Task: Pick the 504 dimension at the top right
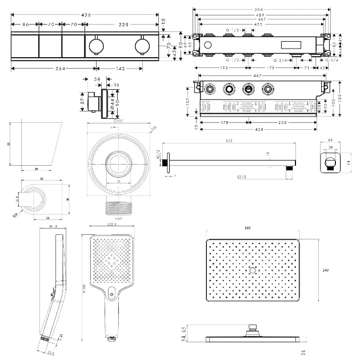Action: click(x=260, y=9)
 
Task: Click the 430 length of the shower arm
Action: click(x=230, y=142)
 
